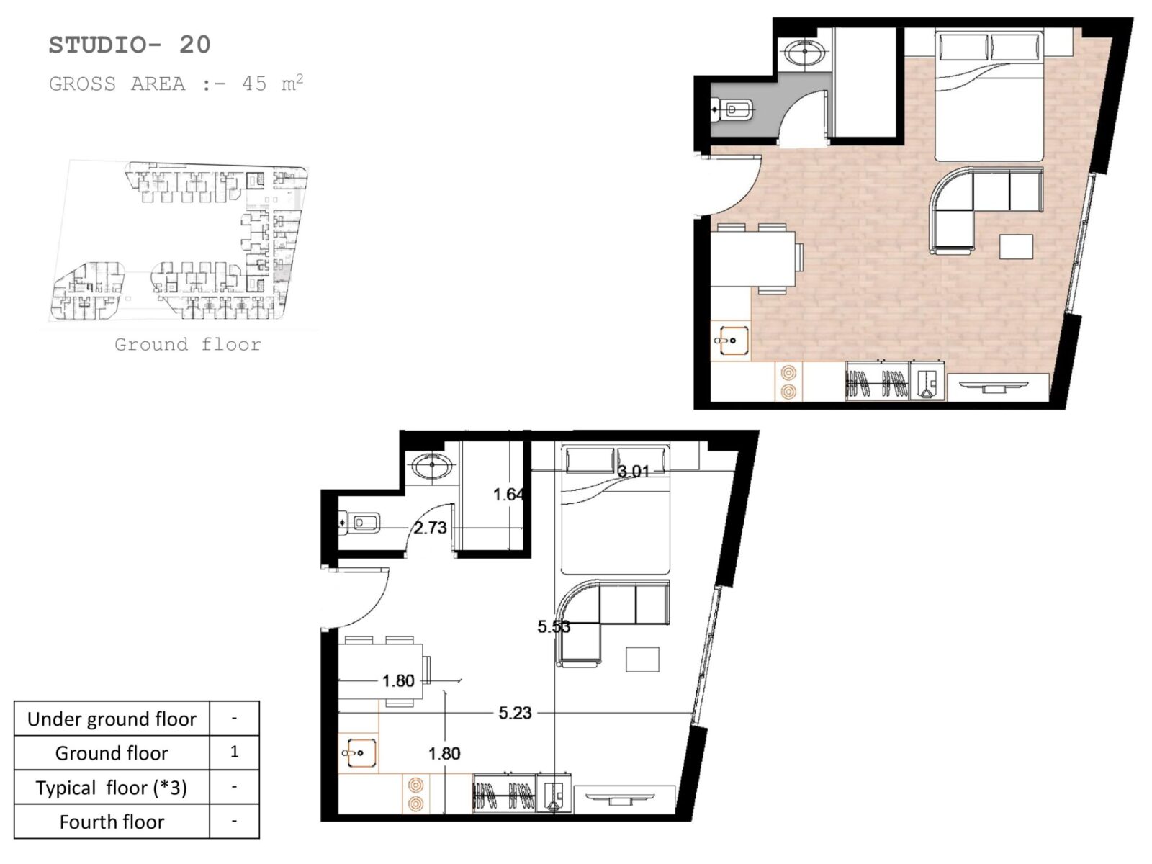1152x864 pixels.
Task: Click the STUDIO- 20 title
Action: pyautogui.click(x=129, y=45)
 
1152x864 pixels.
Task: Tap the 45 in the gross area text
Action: pyautogui.click(x=254, y=84)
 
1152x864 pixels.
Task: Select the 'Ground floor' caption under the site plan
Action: pyautogui.click(x=188, y=345)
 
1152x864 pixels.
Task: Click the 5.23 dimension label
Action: pyautogui.click(x=515, y=713)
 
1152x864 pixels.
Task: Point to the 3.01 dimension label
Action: pyautogui.click(x=634, y=471)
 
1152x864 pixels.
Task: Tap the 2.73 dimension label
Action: pyautogui.click(x=430, y=527)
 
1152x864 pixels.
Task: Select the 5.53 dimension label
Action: pyautogui.click(x=554, y=626)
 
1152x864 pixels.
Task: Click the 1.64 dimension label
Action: pyautogui.click(x=508, y=494)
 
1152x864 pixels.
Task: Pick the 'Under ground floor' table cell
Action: pyautogui.click(x=112, y=719)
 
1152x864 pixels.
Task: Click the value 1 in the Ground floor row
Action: pyautogui.click(x=235, y=752)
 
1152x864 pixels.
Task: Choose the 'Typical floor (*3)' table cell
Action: pyautogui.click(x=112, y=788)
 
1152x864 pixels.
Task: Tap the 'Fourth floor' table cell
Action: pyautogui.click(x=112, y=822)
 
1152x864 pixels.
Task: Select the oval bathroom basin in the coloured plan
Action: pyautogui.click(x=804, y=53)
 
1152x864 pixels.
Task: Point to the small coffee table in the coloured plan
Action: pyautogui.click(x=1016, y=246)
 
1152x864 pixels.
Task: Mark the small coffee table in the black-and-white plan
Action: pyautogui.click(x=642, y=660)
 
